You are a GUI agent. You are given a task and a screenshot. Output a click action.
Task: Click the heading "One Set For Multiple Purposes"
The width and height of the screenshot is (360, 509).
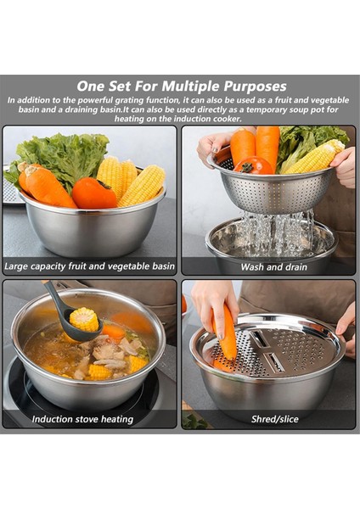(182, 87)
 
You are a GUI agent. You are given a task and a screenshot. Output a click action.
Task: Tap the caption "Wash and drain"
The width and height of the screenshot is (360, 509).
(274, 267)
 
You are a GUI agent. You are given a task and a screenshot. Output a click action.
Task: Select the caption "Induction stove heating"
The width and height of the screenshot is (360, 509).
(82, 419)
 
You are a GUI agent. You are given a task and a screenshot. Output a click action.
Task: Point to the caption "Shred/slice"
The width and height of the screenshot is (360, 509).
(275, 419)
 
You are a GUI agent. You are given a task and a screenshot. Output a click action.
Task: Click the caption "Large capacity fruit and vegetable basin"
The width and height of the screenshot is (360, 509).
(90, 266)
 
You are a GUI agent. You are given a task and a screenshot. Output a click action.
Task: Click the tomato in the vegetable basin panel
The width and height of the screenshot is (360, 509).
(94, 193)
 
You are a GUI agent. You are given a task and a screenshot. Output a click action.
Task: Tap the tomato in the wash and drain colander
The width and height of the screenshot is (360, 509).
(253, 165)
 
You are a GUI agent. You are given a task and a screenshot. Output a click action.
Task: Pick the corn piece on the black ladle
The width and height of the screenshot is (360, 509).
(84, 320)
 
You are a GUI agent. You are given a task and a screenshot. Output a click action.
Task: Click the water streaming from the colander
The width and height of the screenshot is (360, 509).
(277, 230)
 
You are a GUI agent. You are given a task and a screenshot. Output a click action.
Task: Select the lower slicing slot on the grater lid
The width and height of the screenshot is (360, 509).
(274, 362)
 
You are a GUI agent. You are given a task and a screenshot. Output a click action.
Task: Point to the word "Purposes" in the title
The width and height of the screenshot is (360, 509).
(255, 87)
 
